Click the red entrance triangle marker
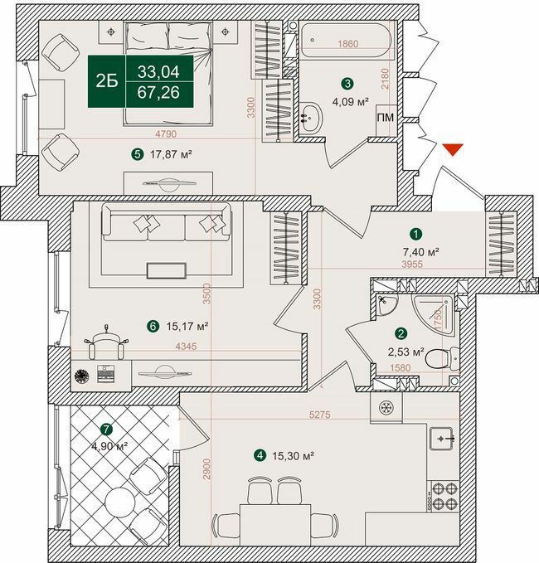point(452,150)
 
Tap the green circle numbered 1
point(416,235)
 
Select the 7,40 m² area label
point(421,251)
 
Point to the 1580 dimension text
point(401,368)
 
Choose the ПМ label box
point(386,118)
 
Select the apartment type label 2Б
point(106,80)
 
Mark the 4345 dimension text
point(187,348)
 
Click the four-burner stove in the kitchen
point(442,495)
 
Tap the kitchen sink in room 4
point(443,436)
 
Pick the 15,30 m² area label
point(289,455)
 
